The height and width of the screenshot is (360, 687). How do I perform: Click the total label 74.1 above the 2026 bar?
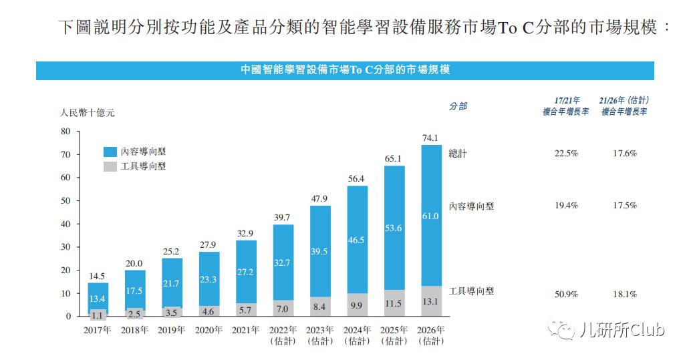point(430,138)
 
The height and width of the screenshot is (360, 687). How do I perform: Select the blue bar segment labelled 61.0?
point(430,216)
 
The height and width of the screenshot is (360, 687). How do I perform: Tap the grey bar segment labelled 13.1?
point(430,301)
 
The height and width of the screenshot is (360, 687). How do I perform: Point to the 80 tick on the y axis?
point(65,132)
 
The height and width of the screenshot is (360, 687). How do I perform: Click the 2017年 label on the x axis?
point(98,329)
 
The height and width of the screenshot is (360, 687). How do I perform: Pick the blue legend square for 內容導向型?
point(110,152)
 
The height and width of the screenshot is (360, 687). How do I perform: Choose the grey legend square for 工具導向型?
point(110,166)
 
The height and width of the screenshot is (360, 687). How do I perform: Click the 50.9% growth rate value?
point(565,294)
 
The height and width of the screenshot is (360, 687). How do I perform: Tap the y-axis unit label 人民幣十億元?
point(88,113)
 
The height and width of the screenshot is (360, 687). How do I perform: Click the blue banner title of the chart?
point(345,69)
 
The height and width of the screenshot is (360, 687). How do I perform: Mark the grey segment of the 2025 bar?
point(394,303)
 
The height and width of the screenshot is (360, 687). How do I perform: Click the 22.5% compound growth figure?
point(565,153)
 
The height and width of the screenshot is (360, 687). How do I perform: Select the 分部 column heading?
point(458,106)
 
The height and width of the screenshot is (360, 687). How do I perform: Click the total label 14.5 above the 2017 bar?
point(98,276)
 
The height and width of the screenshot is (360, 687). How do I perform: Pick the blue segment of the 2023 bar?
point(320,250)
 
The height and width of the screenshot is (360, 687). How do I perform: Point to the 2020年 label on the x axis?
point(209,329)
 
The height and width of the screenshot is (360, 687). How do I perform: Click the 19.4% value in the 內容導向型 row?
point(565,206)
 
